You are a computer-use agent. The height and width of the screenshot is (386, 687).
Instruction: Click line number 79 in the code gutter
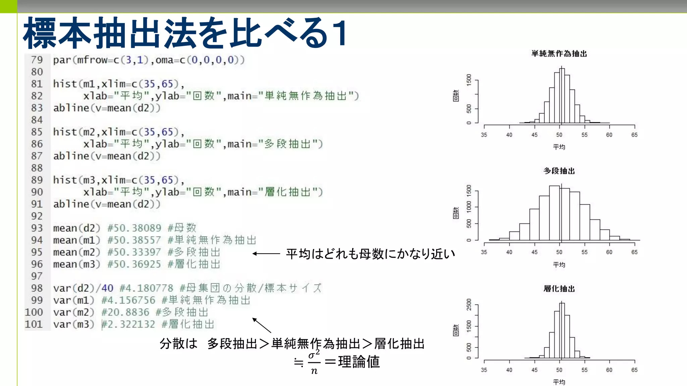click(37, 60)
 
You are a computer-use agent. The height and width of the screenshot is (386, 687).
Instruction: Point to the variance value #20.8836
click(125, 312)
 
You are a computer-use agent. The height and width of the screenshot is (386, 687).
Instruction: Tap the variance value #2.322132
click(128, 324)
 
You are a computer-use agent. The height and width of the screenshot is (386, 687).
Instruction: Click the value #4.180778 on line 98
click(146, 288)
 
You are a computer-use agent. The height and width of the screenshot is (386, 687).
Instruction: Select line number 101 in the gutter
click(34, 324)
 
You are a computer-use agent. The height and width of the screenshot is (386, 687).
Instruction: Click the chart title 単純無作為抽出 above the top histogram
click(559, 54)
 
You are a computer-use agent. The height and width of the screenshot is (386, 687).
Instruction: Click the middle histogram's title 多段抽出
click(559, 171)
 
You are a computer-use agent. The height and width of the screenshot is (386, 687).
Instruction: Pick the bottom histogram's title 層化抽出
click(559, 288)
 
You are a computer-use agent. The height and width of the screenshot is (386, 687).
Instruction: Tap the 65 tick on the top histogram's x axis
click(634, 135)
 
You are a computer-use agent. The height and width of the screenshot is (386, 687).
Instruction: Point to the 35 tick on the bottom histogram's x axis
click(484, 370)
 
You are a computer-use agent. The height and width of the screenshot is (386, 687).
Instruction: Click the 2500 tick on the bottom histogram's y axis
click(469, 305)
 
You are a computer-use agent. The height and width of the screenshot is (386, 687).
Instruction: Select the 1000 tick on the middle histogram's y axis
click(469, 207)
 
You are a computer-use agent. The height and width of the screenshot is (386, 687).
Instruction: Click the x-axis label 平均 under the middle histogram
click(559, 265)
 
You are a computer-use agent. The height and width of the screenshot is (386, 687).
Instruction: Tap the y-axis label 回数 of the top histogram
click(456, 95)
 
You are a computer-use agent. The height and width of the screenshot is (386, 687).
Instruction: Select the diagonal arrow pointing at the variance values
click(262, 325)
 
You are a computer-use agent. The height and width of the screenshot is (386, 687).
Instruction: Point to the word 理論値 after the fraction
click(359, 362)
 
